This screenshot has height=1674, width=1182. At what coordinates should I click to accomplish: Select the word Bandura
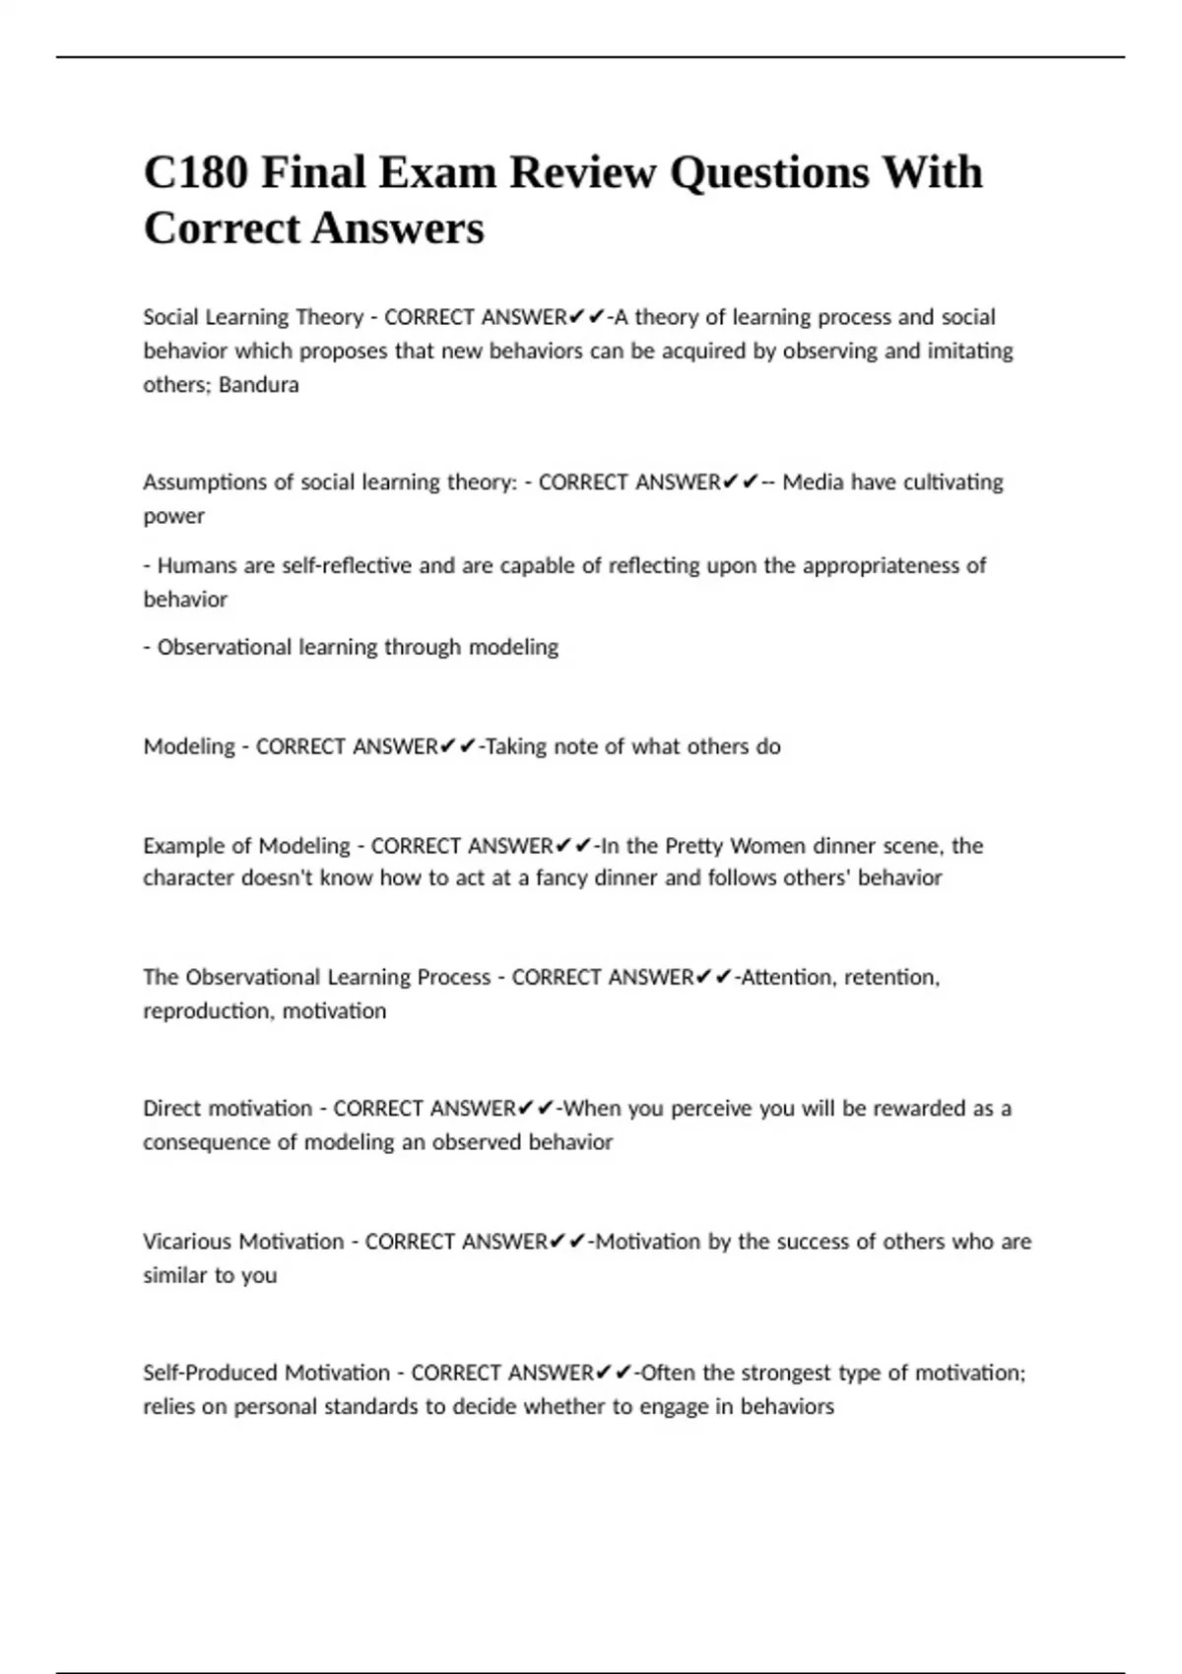point(258,385)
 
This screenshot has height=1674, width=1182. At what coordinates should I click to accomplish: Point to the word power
point(173,516)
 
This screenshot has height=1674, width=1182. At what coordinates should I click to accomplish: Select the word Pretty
point(696,847)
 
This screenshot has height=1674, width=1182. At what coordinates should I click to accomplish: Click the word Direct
point(172,1109)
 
